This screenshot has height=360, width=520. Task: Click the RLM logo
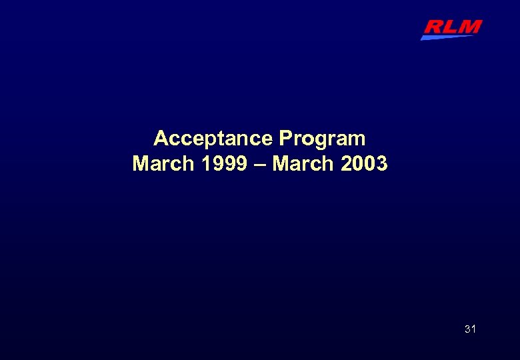click(x=451, y=29)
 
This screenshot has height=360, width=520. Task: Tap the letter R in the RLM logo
click(x=434, y=27)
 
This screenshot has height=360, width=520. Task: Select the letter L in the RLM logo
click(x=451, y=27)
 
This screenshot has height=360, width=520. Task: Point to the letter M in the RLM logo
click(x=469, y=27)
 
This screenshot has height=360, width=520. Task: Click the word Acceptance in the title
click(x=213, y=139)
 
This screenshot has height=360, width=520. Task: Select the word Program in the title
click(x=322, y=139)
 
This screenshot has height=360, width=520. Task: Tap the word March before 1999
click(x=161, y=163)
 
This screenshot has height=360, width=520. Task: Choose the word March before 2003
click(x=301, y=163)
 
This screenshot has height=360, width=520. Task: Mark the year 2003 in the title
click(x=364, y=163)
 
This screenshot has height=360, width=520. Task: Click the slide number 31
click(x=470, y=329)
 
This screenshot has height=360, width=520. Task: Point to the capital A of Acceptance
click(x=161, y=139)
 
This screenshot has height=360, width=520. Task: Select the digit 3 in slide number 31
click(x=467, y=329)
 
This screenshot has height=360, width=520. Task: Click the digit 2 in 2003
click(x=347, y=163)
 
